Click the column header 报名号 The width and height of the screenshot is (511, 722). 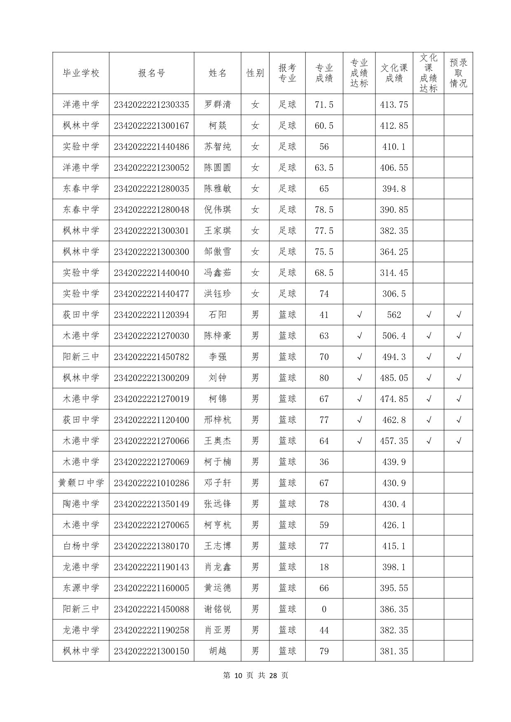[x=151, y=73]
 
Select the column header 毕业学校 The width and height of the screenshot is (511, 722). [x=81, y=73]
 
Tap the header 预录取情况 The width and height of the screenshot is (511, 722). [x=458, y=73]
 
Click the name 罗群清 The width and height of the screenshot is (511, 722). [x=218, y=105]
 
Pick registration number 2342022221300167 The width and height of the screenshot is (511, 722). [x=151, y=126]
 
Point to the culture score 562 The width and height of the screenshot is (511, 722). [x=394, y=315]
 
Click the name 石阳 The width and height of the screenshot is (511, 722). [x=218, y=315]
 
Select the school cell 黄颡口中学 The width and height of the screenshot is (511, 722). [x=81, y=483]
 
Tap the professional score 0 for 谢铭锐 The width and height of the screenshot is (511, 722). [x=324, y=609]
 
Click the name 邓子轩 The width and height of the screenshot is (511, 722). [x=218, y=483]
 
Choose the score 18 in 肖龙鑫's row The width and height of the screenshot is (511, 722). [x=324, y=567]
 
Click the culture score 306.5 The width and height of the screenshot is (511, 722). [x=394, y=294]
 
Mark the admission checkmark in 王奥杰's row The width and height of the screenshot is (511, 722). [x=458, y=441]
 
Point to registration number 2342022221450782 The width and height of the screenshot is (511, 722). [x=151, y=357]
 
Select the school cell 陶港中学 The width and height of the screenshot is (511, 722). [x=81, y=504]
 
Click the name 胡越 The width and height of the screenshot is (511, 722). [x=218, y=651]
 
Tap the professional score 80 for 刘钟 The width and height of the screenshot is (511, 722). [x=324, y=378]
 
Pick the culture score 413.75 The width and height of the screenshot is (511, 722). [x=394, y=105]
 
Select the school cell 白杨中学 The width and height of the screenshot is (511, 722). [x=81, y=546]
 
